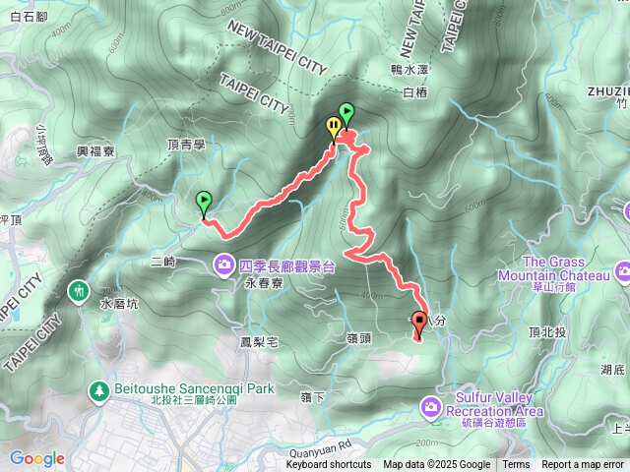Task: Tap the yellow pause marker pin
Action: (334, 126)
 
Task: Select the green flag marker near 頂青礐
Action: (204, 202)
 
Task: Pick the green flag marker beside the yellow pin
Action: (346, 112)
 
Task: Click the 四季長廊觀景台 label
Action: (287, 265)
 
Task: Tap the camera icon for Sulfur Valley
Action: (431, 405)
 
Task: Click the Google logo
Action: (36, 458)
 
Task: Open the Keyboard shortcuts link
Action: (329, 465)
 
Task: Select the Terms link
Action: (516, 465)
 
